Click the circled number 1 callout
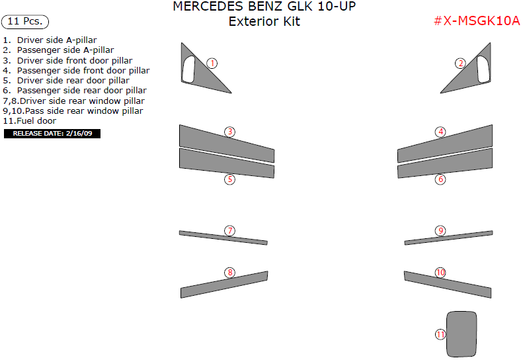tap(212, 64)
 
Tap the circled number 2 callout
tap(460, 64)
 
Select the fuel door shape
tap(462, 333)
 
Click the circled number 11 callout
tap(441, 335)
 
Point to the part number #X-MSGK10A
tap(476, 21)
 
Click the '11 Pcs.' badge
tap(25, 21)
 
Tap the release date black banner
tap(52, 133)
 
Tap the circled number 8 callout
tap(229, 273)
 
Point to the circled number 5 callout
tap(229, 179)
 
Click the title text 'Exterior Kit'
tap(264, 21)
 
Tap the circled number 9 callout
tap(440, 231)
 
